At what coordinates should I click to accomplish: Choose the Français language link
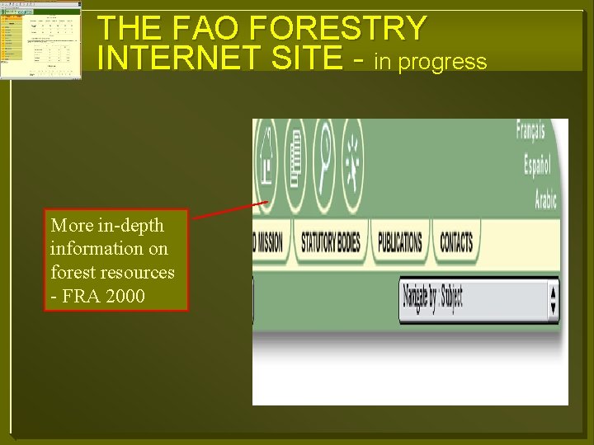click(x=530, y=130)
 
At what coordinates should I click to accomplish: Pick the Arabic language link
click(x=545, y=199)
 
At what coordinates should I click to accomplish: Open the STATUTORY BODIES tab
click(x=330, y=242)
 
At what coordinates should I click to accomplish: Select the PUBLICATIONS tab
click(x=400, y=242)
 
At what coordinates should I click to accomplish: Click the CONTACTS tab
click(x=456, y=242)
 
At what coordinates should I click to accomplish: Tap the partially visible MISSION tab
click(x=267, y=242)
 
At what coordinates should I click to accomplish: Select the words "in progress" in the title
click(x=431, y=61)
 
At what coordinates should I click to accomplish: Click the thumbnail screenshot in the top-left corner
click(x=40, y=40)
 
